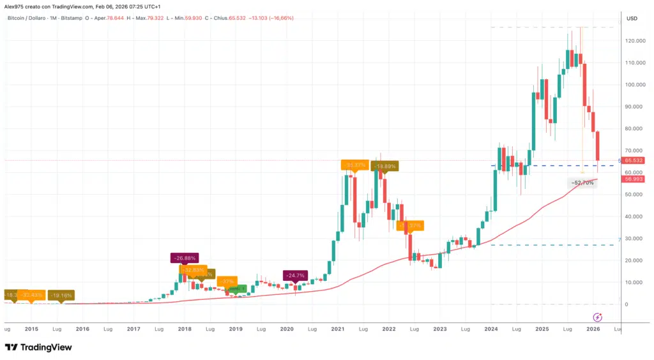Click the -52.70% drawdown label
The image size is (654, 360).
(582, 183)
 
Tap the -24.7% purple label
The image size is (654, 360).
(294, 276)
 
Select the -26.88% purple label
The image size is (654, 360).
(184, 259)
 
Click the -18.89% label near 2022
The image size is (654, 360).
(385, 166)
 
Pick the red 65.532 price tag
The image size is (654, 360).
(633, 161)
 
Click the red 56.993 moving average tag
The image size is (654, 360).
(633, 179)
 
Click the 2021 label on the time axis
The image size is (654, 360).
(338, 329)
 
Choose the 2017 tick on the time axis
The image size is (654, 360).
(133, 329)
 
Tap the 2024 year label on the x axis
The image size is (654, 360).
(490, 329)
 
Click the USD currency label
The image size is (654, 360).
(632, 18)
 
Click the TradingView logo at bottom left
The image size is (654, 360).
(38, 347)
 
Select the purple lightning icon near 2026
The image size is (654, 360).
(598, 317)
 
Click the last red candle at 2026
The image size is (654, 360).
(598, 146)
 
